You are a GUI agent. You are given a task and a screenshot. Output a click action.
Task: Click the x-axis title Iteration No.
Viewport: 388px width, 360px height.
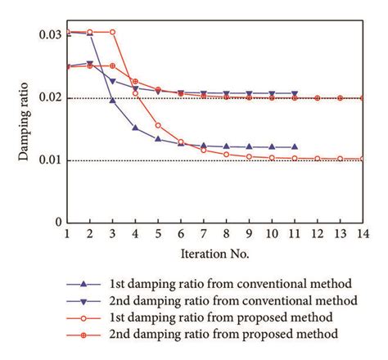click(x=215, y=254)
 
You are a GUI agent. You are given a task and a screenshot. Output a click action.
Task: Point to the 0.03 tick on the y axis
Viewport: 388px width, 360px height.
click(x=50, y=35)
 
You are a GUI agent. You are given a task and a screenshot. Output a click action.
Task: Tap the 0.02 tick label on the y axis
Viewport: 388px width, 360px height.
click(x=50, y=98)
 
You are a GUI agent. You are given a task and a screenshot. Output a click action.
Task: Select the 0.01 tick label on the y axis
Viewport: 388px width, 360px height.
click(x=50, y=160)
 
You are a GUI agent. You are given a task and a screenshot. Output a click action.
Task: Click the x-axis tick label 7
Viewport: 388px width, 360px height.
click(x=204, y=235)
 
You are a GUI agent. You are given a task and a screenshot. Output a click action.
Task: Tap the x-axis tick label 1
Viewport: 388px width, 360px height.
click(x=67, y=235)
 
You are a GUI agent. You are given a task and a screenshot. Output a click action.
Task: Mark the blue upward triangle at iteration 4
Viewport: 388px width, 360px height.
click(x=135, y=128)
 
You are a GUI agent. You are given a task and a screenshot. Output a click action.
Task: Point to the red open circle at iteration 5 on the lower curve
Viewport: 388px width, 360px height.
click(x=158, y=125)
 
